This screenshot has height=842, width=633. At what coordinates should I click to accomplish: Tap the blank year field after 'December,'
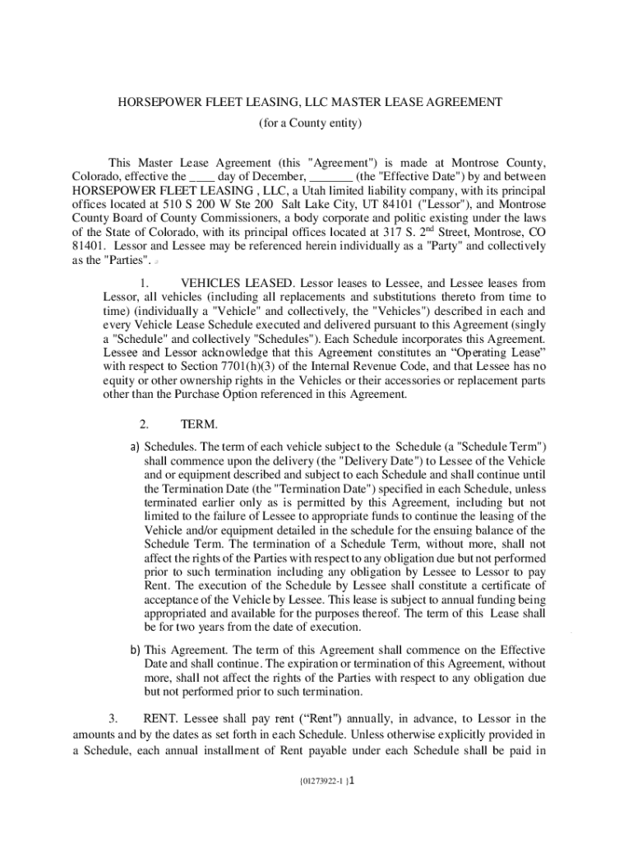332,176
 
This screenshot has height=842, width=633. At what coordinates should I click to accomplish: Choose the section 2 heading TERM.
199,425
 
